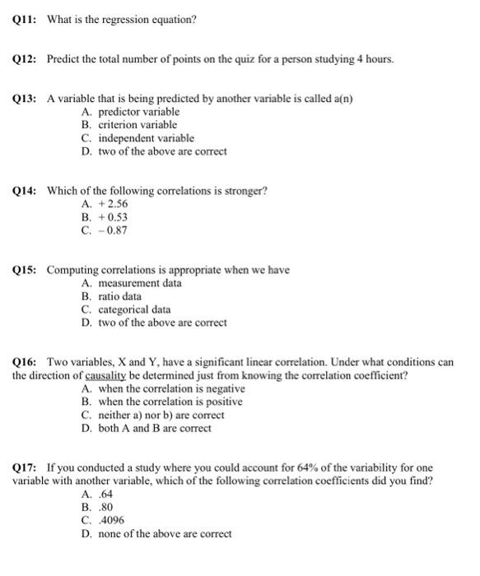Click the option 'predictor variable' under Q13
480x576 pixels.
138,112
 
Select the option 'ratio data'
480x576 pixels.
119,296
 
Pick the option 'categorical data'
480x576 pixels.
134,309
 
